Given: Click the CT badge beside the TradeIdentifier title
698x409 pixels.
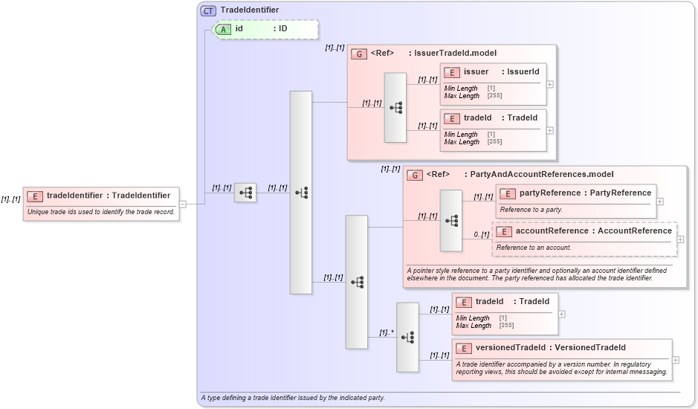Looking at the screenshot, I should [x=208, y=10].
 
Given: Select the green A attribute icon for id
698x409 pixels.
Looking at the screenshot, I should [x=223, y=29].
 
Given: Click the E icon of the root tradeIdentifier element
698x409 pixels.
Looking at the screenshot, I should [x=35, y=196].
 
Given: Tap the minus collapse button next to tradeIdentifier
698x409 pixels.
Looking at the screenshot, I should [x=183, y=204].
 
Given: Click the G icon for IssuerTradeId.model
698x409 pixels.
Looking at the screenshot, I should [x=359, y=54].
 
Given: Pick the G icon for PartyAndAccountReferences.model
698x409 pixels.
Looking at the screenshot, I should [x=415, y=175].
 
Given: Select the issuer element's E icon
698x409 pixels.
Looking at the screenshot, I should [x=451, y=72].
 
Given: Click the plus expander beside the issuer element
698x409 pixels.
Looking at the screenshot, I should [x=550, y=84].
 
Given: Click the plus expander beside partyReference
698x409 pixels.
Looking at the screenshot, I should [x=659, y=202].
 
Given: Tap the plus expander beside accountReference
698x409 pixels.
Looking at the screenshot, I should [x=680, y=239].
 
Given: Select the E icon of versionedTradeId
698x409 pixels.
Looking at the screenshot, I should [x=463, y=348].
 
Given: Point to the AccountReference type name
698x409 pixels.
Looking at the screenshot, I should [x=634, y=231].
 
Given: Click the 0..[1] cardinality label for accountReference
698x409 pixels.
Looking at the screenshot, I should [x=482, y=235].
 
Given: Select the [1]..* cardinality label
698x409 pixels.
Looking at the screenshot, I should [x=387, y=332].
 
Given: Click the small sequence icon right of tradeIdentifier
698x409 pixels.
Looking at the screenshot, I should [x=245, y=193].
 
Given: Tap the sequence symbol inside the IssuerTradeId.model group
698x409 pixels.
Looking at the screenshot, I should [x=395, y=108].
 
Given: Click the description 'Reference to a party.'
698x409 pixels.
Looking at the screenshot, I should [x=531, y=210].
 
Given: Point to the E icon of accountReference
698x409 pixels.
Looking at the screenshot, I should [x=503, y=231].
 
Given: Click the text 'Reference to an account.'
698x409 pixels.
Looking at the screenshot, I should [x=534, y=247].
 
